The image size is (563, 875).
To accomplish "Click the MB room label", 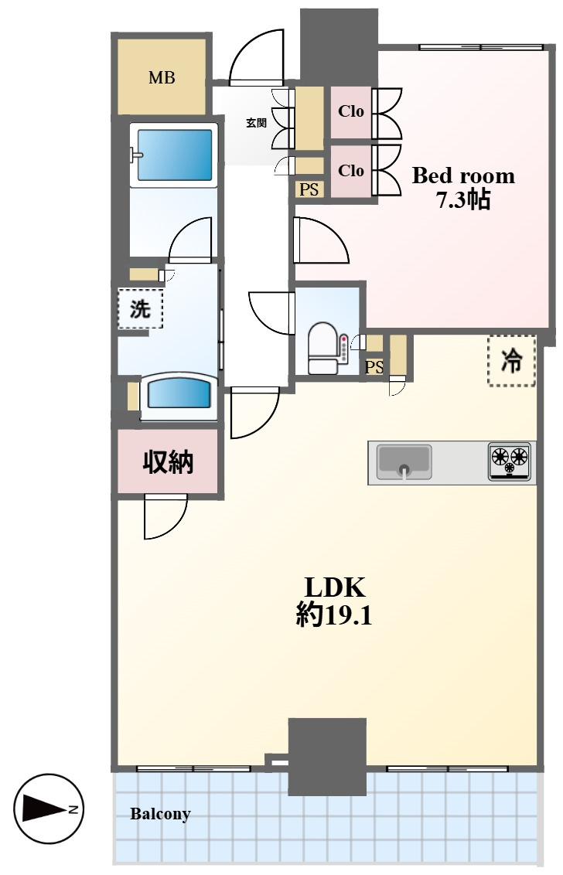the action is pyautogui.click(x=162, y=77).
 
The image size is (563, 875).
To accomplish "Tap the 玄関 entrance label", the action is pyautogui.click(x=257, y=123).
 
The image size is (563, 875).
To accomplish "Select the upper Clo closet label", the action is pyautogui.click(x=351, y=111).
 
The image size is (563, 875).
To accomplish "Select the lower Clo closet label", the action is pyautogui.click(x=351, y=170).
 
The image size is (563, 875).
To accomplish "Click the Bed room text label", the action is pyautogui.click(x=463, y=175).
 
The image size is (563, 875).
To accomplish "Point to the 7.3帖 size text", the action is pyautogui.click(x=463, y=199).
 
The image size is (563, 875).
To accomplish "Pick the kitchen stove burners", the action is pyautogui.click(x=510, y=461).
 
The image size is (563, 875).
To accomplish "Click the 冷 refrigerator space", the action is pyautogui.click(x=512, y=360).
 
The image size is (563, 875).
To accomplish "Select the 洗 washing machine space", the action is pyautogui.click(x=140, y=308).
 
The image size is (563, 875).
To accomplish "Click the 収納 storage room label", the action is pyautogui.click(x=168, y=462).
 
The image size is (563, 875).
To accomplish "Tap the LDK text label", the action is pyautogui.click(x=335, y=587).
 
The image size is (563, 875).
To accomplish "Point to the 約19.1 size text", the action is pyautogui.click(x=334, y=615).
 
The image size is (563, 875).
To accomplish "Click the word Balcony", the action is pyautogui.click(x=160, y=814).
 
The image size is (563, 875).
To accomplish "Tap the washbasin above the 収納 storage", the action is pyautogui.click(x=178, y=397).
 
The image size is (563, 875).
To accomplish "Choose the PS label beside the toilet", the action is pyautogui.click(x=374, y=367).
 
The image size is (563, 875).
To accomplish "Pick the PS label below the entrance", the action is pyautogui.click(x=309, y=189).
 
